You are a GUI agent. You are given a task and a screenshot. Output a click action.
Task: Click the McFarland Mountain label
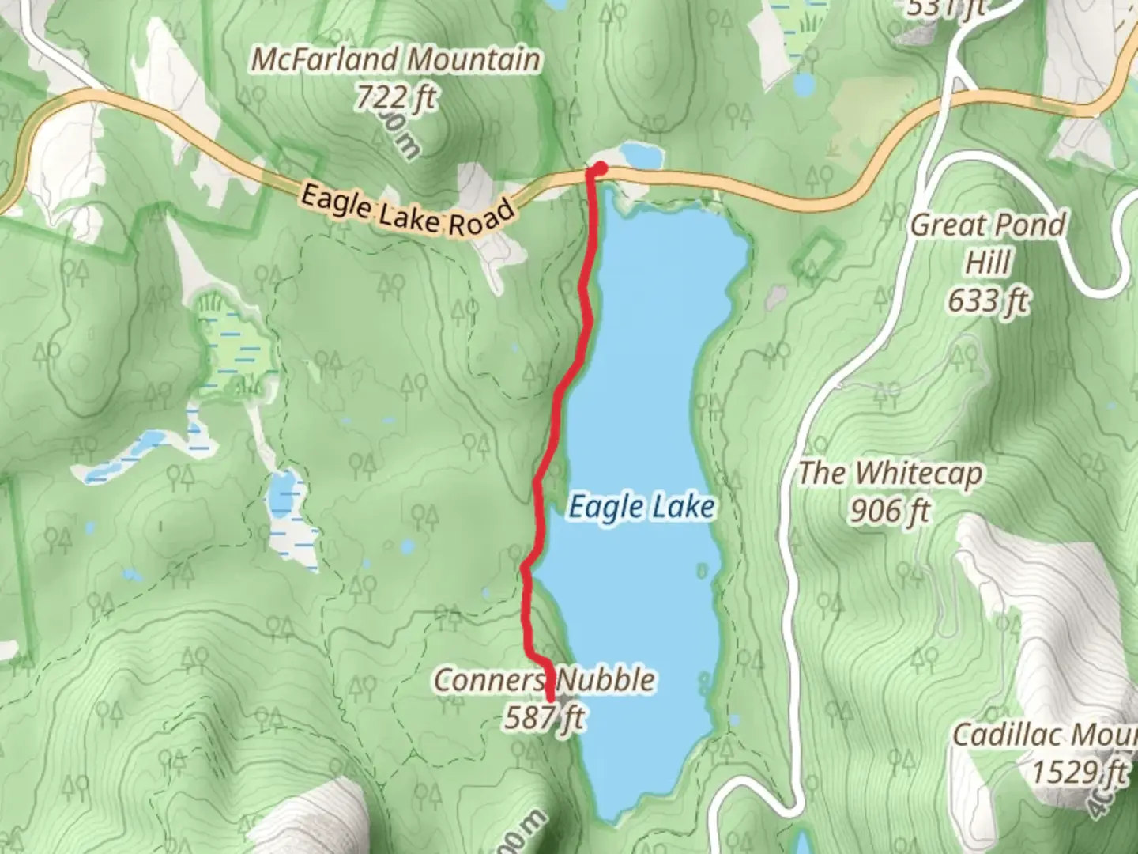click(x=396, y=60)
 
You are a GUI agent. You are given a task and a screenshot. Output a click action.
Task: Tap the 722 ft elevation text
click(x=395, y=98)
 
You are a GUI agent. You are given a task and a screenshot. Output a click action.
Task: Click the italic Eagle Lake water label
click(x=641, y=507)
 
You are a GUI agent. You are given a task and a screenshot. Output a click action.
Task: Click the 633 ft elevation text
click(x=988, y=300)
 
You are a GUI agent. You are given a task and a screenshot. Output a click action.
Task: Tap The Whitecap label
click(x=890, y=474)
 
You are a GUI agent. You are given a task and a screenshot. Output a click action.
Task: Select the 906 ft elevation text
click(x=890, y=512)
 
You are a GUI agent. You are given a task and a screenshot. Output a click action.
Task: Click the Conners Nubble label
click(x=545, y=680)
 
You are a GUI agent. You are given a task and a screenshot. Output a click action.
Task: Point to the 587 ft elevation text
click(x=545, y=718)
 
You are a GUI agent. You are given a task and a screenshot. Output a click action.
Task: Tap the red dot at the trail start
click(x=600, y=168)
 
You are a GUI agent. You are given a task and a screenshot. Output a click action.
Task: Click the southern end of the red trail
click(x=549, y=697)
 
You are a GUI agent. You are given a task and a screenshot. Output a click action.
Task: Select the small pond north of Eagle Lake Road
click(x=639, y=155)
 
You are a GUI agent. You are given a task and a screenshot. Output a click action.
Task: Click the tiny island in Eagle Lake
click(x=702, y=569)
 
